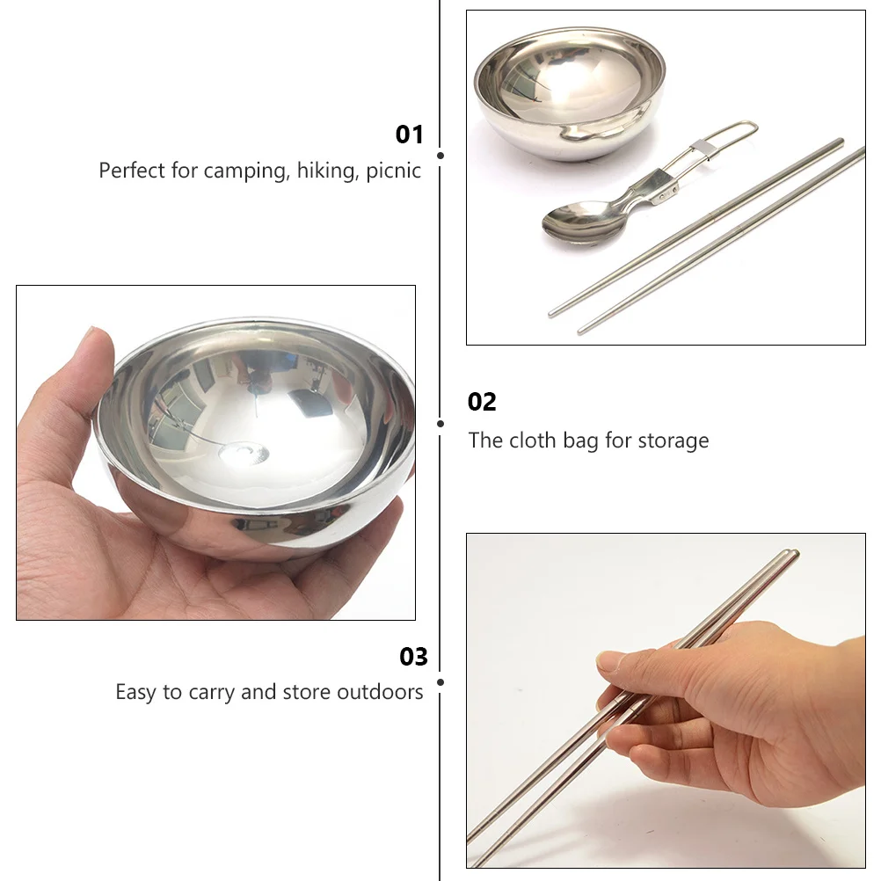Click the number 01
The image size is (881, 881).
click(409, 135)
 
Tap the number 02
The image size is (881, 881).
click(482, 402)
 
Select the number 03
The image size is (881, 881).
click(413, 657)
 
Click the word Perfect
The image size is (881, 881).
click(131, 171)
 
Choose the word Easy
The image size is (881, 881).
click(135, 693)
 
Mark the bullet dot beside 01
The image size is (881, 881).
click(440, 156)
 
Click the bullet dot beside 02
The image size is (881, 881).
click(440, 423)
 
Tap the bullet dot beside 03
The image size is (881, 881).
click(440, 681)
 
